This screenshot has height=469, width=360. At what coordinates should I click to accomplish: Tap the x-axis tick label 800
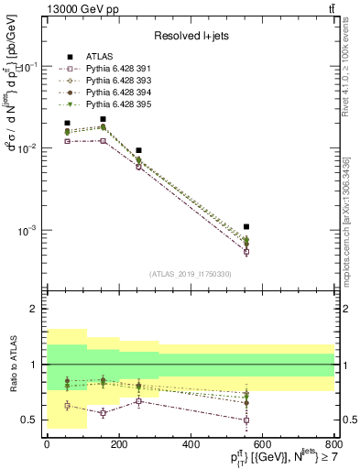(x=335, y=442)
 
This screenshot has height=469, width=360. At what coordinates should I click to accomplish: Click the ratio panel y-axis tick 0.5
(x=31, y=420)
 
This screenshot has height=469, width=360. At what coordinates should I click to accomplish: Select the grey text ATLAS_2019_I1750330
(x=190, y=274)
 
